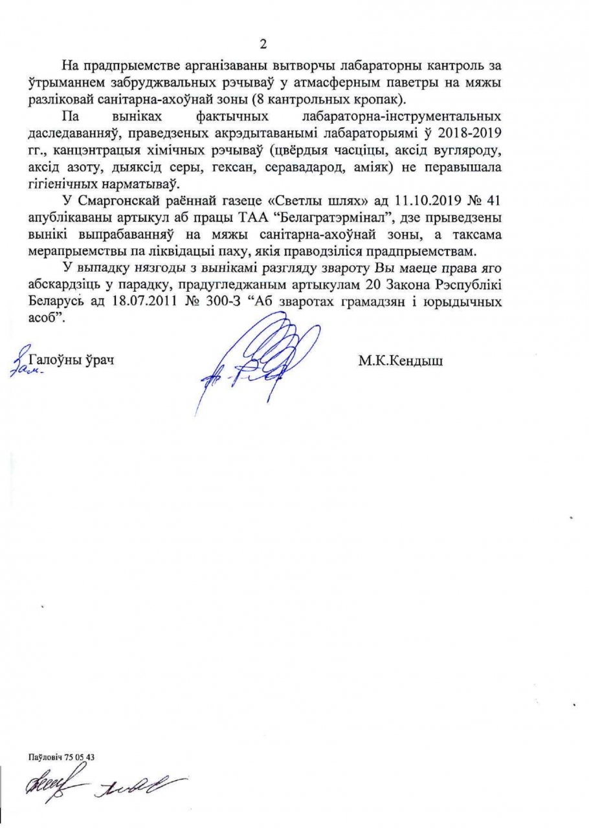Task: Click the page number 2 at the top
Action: pyautogui.click(x=263, y=44)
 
